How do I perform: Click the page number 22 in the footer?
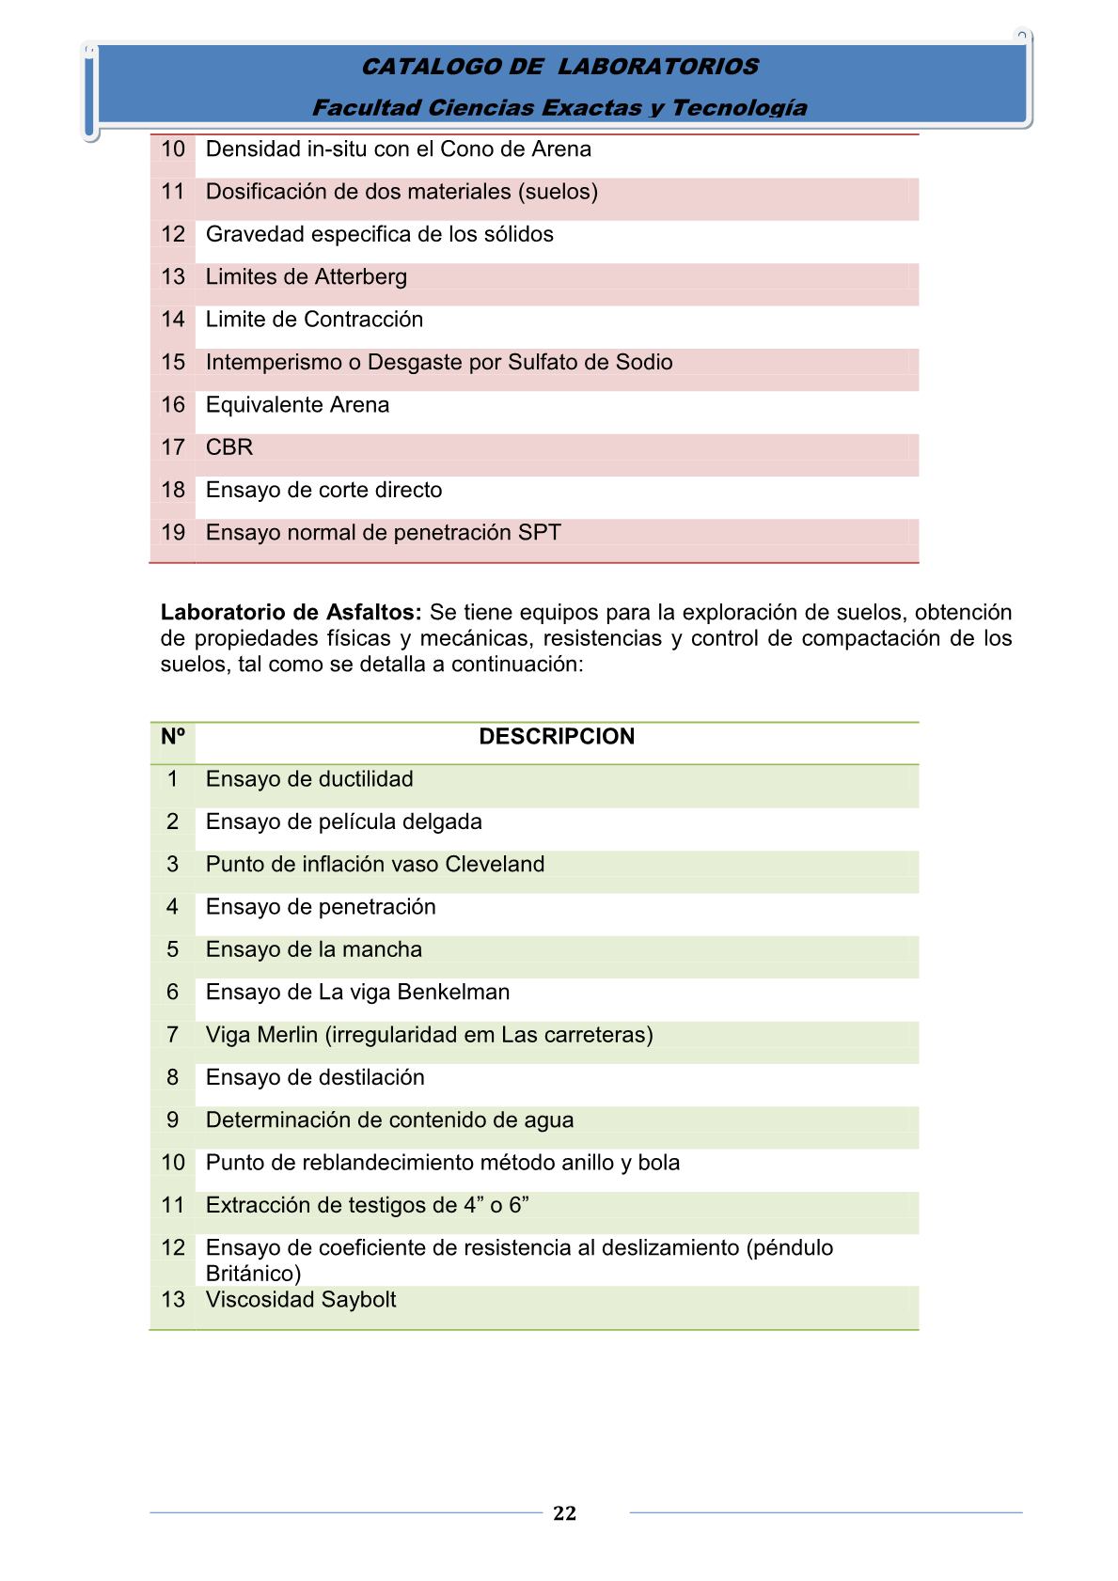point(564,1512)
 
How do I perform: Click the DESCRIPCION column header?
point(557,736)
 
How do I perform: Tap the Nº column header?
point(172,736)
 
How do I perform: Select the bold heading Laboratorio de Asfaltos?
point(291,612)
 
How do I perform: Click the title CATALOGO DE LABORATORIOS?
point(559,67)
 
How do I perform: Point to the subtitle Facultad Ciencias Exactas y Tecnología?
point(559,107)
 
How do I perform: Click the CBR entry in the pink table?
point(229,447)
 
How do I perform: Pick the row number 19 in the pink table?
point(173,532)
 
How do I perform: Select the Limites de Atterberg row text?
point(307,277)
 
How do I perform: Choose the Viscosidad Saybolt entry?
point(301,1299)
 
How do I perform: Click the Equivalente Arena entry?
point(297,405)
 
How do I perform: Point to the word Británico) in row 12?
point(253,1274)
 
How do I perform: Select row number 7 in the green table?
point(172,1035)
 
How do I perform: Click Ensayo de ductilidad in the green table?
point(309,779)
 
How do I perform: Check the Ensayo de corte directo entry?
point(323,490)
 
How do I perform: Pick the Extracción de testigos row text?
point(367,1205)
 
